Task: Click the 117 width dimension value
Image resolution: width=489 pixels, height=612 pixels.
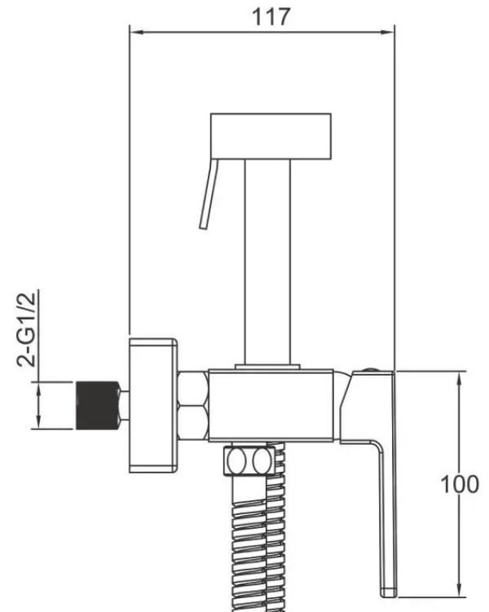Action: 271,17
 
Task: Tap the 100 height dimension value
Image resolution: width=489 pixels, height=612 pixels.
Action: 460,484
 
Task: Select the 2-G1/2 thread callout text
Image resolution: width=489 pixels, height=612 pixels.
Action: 27,328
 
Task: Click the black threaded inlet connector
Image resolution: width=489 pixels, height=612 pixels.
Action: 98,405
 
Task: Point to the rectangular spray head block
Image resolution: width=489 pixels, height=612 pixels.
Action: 271,136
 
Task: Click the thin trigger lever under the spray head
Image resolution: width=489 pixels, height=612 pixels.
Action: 209,194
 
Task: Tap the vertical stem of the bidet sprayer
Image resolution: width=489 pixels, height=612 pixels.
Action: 267,262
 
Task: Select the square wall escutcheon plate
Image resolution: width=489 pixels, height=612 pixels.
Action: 153,406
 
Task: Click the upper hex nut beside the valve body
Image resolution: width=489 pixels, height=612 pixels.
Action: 193,389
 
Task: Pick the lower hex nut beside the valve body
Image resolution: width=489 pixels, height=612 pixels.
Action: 193,423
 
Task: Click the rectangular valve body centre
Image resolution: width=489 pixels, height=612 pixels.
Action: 271,406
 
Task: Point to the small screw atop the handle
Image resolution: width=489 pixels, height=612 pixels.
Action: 370,369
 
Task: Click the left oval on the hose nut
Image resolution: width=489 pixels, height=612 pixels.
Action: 236,461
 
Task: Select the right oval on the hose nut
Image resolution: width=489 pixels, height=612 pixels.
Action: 262,461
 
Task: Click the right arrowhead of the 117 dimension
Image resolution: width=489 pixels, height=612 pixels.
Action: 387,33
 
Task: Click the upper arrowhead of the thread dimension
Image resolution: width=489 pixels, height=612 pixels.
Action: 38,390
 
